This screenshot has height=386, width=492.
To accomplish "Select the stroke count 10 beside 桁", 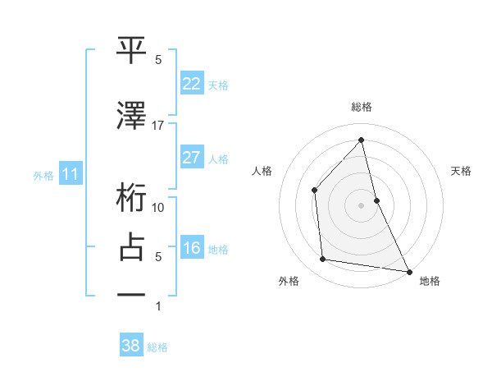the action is click(158, 208).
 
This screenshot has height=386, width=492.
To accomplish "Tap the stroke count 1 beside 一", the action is click(158, 306).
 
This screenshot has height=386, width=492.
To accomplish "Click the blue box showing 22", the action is click(191, 84).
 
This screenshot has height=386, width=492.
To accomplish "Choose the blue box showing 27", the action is click(191, 158).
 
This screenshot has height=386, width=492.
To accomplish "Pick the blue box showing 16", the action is click(191, 248).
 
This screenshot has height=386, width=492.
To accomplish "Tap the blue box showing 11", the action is click(71, 174).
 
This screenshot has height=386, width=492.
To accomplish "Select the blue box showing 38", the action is click(130, 347).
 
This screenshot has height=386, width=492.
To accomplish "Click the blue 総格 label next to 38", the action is click(157, 347).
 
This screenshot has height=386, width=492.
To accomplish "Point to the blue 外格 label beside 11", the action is click(43, 175).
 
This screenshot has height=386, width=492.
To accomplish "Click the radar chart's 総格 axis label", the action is click(362, 107).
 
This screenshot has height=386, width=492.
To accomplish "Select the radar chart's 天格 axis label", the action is click(462, 171).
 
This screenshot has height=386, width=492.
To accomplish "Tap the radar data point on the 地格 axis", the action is click(408, 270).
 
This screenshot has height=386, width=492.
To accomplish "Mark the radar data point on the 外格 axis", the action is click(323, 260).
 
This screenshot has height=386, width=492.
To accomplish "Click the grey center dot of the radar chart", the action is click(361, 204).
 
